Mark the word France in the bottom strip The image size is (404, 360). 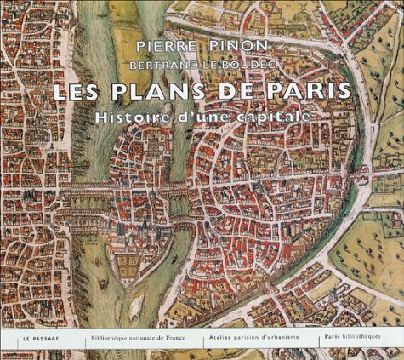coord(186,339)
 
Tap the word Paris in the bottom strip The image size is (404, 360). coord(333,339)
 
